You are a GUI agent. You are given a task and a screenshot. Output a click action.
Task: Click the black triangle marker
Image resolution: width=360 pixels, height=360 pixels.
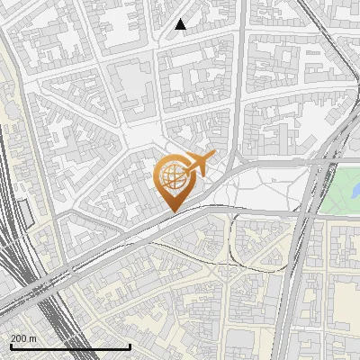(181, 24)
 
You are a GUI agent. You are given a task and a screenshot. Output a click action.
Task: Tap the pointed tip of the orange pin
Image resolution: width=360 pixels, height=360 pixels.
(172, 212)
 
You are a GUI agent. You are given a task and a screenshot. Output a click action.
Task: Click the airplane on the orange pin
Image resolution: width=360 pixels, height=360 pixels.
(199, 164)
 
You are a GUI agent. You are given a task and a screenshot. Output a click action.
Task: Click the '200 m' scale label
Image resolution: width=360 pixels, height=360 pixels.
(23, 337)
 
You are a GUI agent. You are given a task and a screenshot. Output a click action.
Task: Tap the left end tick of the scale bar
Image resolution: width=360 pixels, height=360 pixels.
(11, 345)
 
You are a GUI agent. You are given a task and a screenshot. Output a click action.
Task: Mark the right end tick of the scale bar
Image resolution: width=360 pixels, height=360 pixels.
(130, 345)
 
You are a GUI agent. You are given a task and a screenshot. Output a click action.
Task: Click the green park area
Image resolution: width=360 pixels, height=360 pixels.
(340, 189)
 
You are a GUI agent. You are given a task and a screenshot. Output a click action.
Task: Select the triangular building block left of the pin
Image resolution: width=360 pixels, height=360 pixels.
(135, 180)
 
